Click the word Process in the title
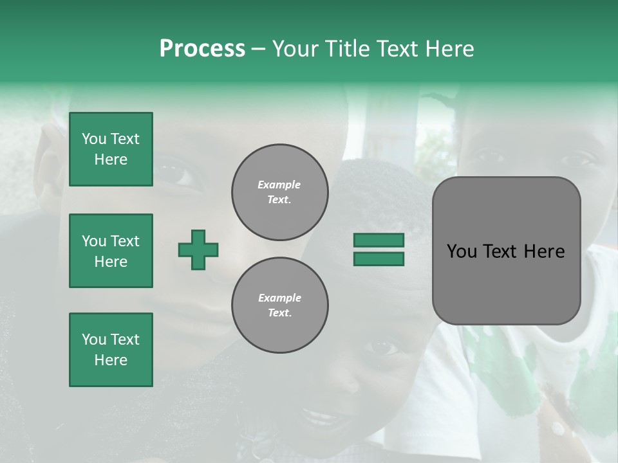(202, 49)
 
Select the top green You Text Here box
(111, 149)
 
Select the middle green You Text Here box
(111, 251)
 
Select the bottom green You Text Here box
(111, 349)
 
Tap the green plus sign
(198, 250)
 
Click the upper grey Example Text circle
(279, 192)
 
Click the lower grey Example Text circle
(279, 305)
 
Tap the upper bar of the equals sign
(379, 240)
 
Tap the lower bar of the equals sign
(379, 259)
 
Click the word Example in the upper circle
(279, 185)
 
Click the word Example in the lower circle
(279, 298)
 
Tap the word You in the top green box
(93, 139)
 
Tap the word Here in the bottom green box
(111, 360)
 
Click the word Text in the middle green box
(124, 241)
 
